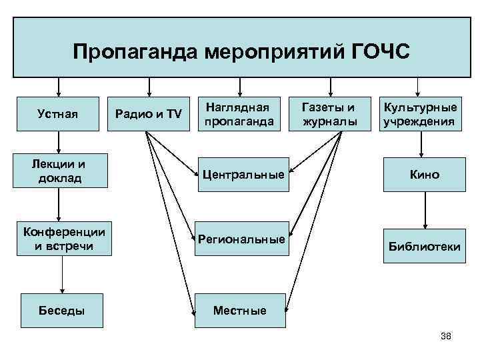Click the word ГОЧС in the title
pyautogui.click(x=377, y=51)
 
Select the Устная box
pyautogui.click(x=59, y=114)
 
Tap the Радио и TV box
pyautogui.click(x=149, y=114)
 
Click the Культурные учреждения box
pyautogui.click(x=419, y=114)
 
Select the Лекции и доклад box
pyautogui.click(x=59, y=170)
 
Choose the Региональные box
pyautogui.click(x=241, y=239)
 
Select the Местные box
pyautogui.click(x=239, y=310)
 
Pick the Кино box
pyautogui.click(x=425, y=175)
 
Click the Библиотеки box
pyautogui.click(x=425, y=246)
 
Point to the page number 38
pyautogui.click(x=446, y=335)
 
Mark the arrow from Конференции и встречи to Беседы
pyautogui.click(x=62, y=274)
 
